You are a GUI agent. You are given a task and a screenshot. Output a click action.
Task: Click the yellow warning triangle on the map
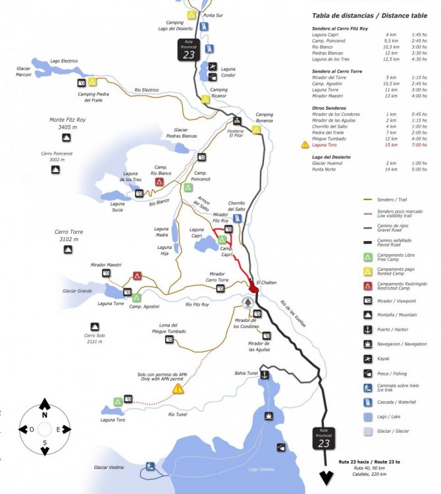[178, 389]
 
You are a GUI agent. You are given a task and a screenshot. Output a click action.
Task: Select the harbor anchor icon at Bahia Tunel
[264, 374]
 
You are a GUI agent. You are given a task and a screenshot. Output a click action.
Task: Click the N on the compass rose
[44, 415]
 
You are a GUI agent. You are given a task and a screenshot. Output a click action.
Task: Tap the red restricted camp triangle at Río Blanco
[159, 182]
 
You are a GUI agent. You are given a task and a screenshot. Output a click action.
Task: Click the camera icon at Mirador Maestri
[106, 273]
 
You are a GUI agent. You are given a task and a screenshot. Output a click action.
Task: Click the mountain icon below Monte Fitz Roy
[66, 138]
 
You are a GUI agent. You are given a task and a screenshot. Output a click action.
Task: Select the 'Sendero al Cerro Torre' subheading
[340, 70]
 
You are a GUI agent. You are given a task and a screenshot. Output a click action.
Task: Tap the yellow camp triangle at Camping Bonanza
[256, 129]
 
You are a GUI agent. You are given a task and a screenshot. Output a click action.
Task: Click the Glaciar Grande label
[76, 290]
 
